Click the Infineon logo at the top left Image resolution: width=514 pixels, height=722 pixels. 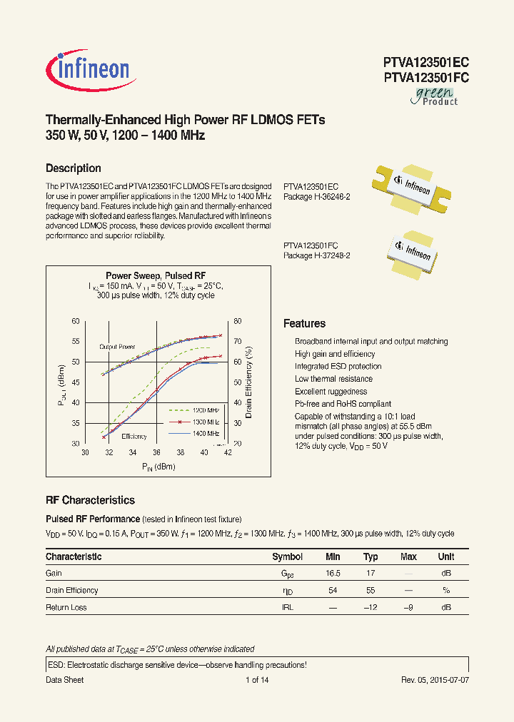89,68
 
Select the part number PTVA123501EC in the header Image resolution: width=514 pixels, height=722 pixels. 425,63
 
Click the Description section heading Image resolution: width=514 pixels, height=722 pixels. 73,168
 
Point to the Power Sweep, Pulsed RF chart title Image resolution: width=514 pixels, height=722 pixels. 156,275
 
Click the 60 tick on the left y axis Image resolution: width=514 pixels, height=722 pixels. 76,322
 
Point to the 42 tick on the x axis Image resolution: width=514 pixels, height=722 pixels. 228,452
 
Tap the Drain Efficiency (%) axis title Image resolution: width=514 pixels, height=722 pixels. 248,382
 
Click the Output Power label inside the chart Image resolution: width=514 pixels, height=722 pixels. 117,347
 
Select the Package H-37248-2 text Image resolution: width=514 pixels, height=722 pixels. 316,255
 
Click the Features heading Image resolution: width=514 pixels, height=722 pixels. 304,323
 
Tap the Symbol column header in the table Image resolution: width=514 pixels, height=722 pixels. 287,556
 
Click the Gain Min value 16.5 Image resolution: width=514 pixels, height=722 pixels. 333,573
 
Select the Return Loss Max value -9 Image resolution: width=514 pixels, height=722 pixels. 408,607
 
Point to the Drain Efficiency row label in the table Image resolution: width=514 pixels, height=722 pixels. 72,590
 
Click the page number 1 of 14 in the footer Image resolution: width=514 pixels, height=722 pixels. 256,680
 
